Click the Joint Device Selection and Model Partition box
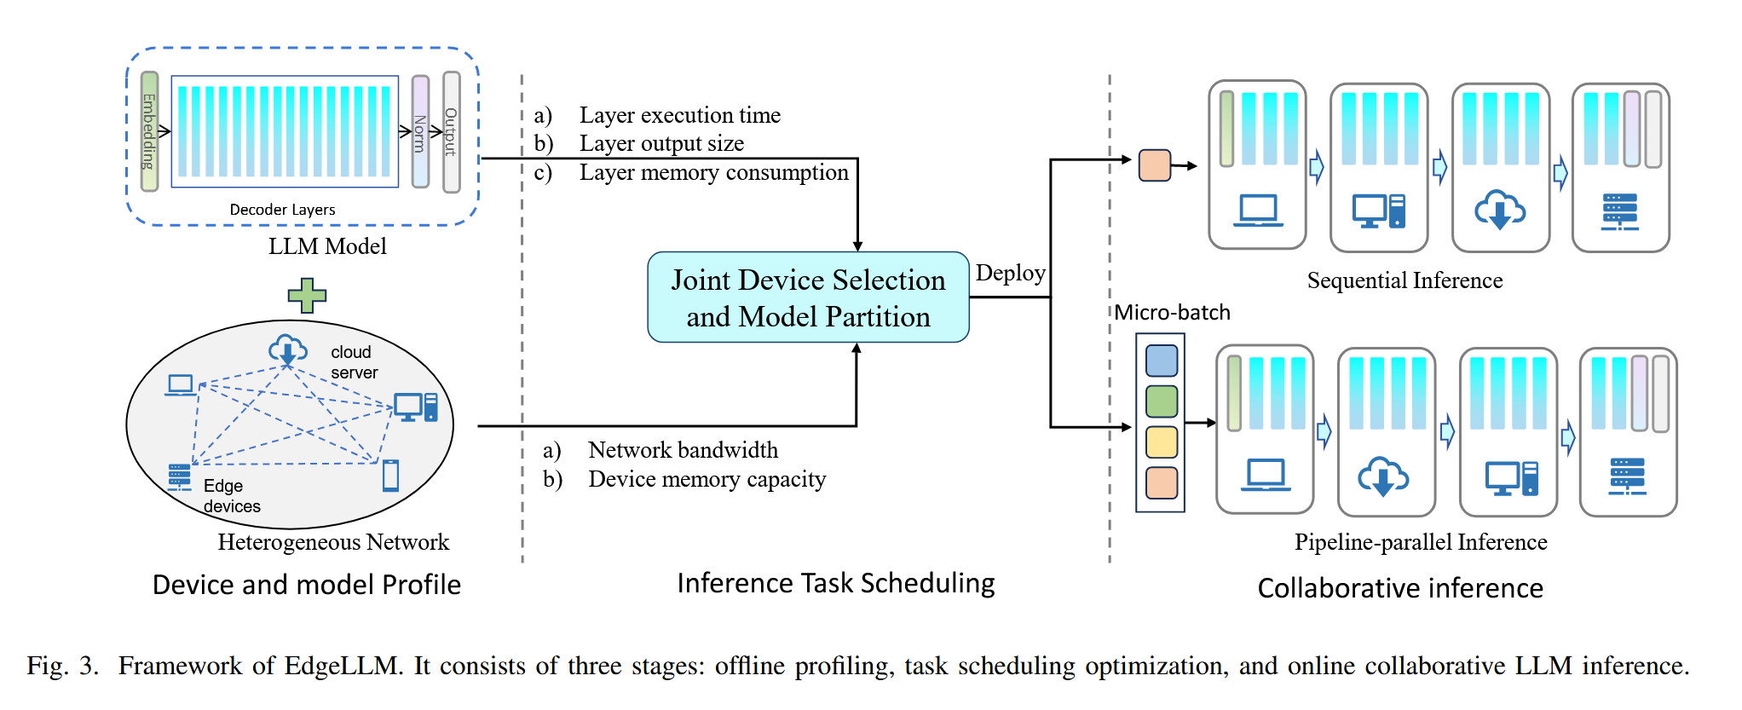click(x=808, y=297)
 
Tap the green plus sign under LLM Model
click(x=307, y=295)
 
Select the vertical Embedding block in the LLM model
click(x=149, y=131)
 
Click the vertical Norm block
click(x=420, y=131)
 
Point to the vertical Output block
click(x=452, y=131)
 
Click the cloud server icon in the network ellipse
click(x=288, y=349)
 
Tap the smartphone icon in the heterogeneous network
click(x=390, y=475)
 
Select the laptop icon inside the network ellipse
click(x=181, y=385)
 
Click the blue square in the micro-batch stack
click(x=1162, y=361)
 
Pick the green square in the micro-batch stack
click(x=1162, y=401)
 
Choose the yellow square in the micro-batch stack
click(x=1162, y=442)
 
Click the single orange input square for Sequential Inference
click(x=1155, y=165)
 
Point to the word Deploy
click(x=1010, y=273)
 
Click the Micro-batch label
click(x=1172, y=313)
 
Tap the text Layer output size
click(x=661, y=143)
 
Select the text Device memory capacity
click(x=707, y=479)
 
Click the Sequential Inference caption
click(x=1405, y=280)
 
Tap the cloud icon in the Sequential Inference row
click(x=1500, y=210)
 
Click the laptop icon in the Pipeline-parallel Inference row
click(x=1266, y=475)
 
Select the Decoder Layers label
click(x=282, y=210)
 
